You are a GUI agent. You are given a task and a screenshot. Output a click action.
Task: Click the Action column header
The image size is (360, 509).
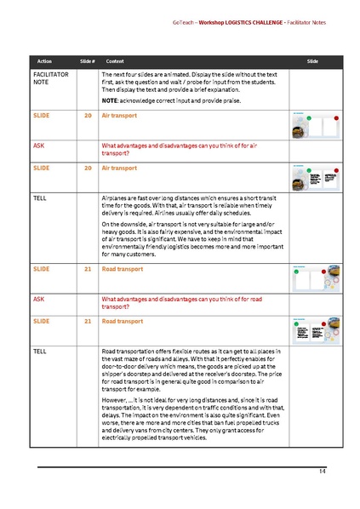(x=44, y=62)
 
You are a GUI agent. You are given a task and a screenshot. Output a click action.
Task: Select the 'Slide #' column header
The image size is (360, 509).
(x=87, y=62)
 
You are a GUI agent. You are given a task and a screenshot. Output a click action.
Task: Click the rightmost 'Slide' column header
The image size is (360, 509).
(x=312, y=62)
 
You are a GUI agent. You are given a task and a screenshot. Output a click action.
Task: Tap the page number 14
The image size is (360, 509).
(x=323, y=471)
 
